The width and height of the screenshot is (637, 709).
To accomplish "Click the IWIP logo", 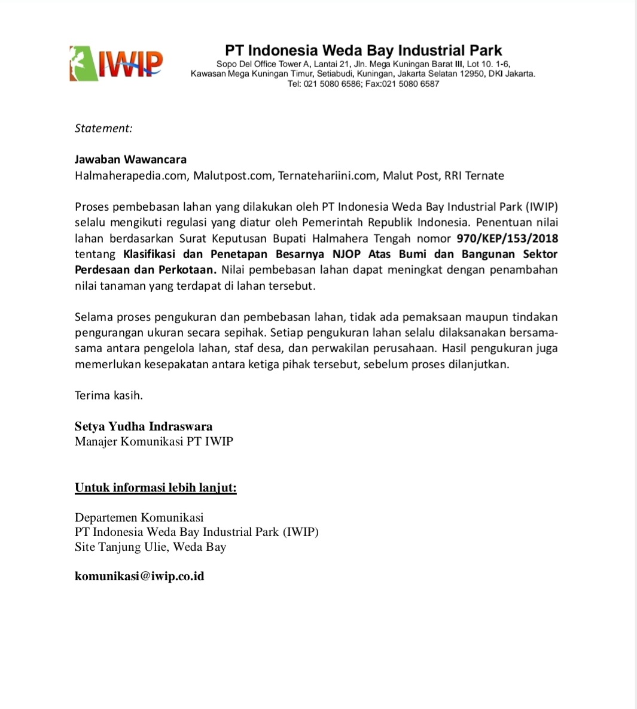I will pos(116,63).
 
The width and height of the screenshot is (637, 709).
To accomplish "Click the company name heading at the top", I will pos(363,50).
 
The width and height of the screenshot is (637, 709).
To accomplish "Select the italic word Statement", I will pos(103,128).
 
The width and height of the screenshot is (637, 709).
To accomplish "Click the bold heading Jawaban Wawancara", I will pos(130,159).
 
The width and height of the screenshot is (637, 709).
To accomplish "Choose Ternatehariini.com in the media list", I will pos(327,175).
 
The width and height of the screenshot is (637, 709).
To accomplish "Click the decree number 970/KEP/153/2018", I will pos(507,238).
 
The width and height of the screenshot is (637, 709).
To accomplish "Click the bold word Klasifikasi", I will pos(149,254).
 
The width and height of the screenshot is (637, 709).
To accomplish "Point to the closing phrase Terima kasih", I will pos(109,395).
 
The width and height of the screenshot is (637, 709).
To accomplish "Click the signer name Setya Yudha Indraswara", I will pos(144,426).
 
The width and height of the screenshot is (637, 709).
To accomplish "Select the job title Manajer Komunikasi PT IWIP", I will pos(154,441).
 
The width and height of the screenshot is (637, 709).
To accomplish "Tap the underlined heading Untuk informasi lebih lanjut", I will pos(156,487).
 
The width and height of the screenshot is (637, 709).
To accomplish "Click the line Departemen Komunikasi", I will pos(139,517).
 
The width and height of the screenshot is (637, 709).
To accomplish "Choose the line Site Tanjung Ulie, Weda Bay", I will pos(150,547).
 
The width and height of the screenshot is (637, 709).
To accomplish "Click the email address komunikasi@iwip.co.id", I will pos(139,576).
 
